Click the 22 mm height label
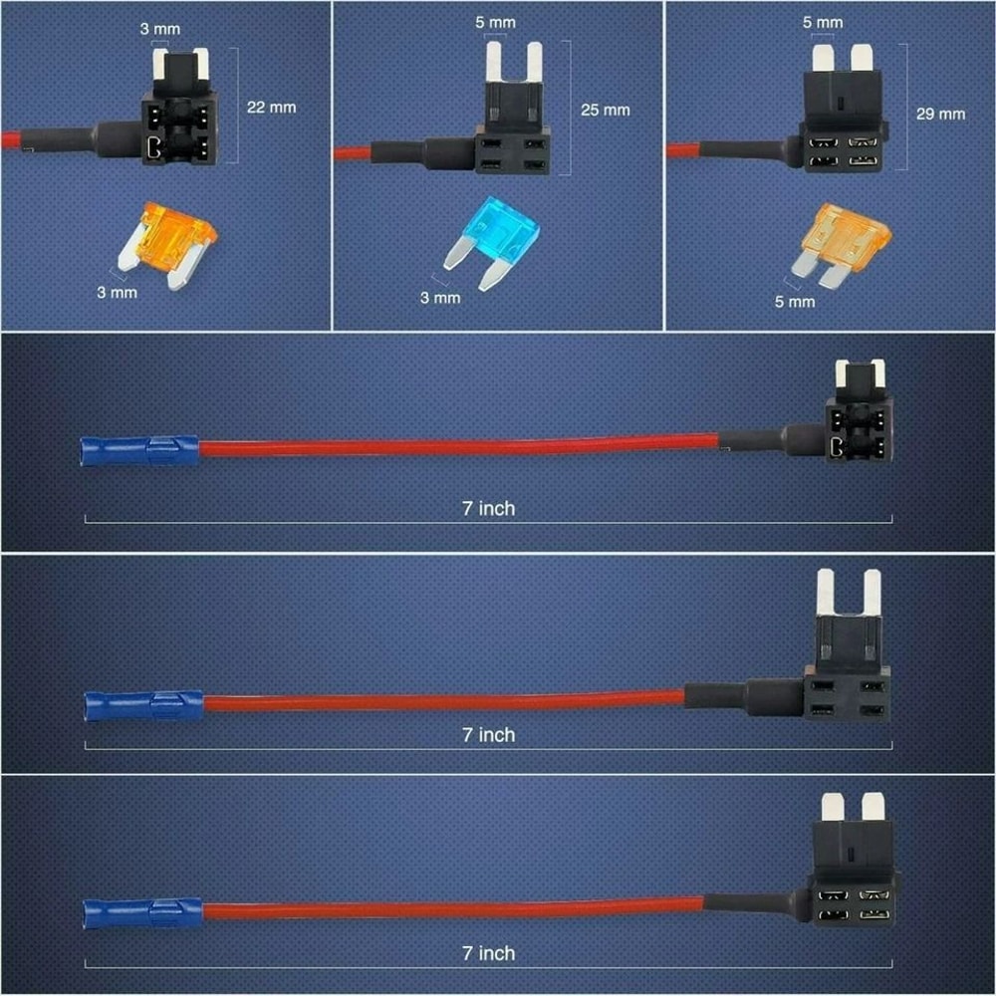tap(271, 107)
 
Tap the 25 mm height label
tap(605, 109)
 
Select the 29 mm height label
tap(940, 114)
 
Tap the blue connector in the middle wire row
tap(145, 704)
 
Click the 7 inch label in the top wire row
tap(488, 508)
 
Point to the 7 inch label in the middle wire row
tap(488, 734)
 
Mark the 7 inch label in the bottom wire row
tap(488, 953)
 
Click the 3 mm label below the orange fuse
tap(117, 293)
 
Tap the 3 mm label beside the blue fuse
tap(439, 297)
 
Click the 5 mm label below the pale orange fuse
tap(794, 301)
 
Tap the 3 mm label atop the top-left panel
tap(158, 29)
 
